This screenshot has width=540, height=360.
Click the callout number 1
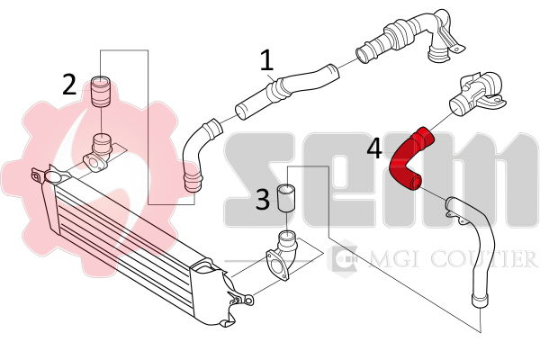click(x=266, y=60)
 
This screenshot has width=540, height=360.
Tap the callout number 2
click(x=69, y=85)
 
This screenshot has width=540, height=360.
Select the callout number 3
click(x=263, y=199)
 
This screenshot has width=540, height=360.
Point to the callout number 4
click(x=374, y=149)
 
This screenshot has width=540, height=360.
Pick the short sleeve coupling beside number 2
click(x=100, y=92)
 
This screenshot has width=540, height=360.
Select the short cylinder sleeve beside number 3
click(x=287, y=198)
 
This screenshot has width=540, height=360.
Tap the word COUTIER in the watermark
click(x=484, y=258)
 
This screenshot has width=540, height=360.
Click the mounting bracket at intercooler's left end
click(x=49, y=175)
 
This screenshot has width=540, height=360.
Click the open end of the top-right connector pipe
click(x=362, y=55)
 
